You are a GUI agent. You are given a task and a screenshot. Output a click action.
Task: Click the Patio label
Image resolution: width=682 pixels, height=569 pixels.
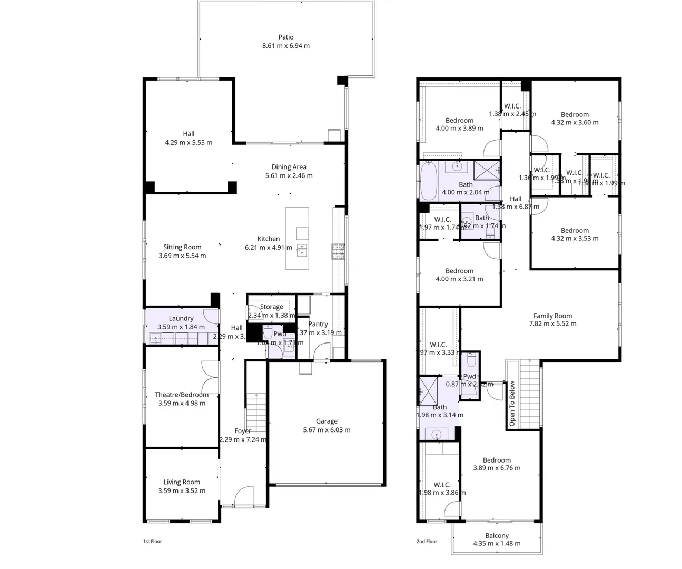coord(286,37)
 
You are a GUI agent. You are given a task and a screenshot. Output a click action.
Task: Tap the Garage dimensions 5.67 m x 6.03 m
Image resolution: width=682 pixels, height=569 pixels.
coord(327,430)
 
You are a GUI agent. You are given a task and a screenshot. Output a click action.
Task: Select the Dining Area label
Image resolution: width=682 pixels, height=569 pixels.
coord(289,167)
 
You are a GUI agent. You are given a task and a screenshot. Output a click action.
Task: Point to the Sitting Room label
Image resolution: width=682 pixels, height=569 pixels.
coord(182,247)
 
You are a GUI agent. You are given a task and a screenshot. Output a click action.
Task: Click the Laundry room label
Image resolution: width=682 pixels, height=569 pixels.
coord(181,318)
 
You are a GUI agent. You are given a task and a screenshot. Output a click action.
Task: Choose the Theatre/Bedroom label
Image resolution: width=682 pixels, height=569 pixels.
coord(182,395)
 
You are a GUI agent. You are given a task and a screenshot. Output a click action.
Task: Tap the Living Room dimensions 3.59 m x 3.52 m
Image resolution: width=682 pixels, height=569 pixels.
coord(182,490)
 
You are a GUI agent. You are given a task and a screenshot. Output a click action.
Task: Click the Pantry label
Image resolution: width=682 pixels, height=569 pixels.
coord(318,324)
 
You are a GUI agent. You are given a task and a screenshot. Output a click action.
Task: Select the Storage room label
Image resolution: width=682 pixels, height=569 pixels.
coord(272,307)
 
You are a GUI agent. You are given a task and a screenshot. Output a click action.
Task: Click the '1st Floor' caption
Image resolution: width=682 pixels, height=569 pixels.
coord(153,541)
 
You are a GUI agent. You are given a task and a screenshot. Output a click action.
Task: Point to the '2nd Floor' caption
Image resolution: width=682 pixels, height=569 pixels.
coord(427,541)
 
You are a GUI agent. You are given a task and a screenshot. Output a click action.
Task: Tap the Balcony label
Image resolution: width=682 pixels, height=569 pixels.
coord(497,535)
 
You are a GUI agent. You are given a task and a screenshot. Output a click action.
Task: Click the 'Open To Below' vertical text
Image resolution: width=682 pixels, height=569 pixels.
coord(512,404)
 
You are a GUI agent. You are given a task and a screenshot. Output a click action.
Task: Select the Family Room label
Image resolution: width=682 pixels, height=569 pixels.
coord(552,316)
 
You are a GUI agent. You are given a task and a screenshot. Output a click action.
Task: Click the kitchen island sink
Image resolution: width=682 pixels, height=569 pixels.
coord(301,249)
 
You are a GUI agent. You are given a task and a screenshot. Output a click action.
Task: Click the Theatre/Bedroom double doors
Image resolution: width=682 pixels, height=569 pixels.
coord(210,376)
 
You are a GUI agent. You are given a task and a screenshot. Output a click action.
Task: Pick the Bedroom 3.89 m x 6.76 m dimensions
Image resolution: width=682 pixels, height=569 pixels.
coord(497,468)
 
